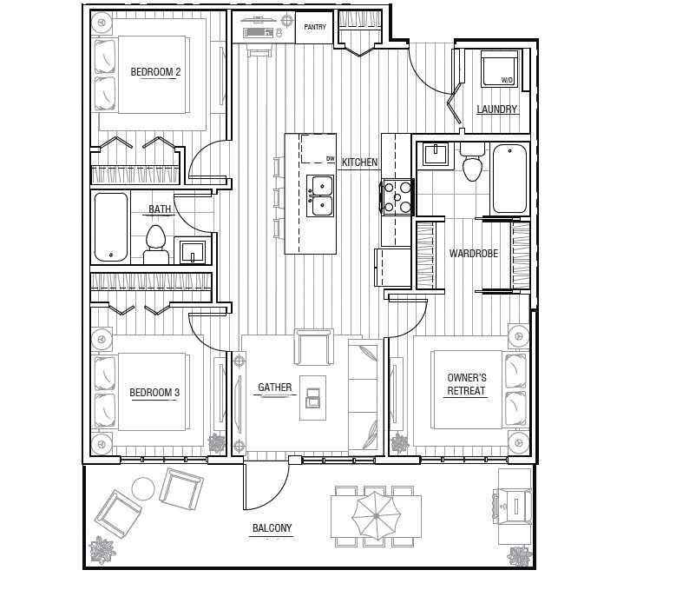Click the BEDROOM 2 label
(155, 71)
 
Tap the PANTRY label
(315, 27)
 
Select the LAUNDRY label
(496, 109)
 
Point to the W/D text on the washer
(507, 80)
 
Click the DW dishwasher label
(331, 159)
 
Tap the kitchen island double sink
(320, 196)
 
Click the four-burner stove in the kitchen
(397, 196)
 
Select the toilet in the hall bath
(156, 244)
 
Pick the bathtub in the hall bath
(111, 228)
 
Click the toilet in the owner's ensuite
(473, 162)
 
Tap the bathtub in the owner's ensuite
(509, 179)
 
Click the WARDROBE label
(473, 254)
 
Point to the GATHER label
(275, 388)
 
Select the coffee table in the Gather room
(313, 398)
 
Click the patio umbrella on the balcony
(377, 516)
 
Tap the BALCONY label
(272, 527)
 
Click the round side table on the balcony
(142, 488)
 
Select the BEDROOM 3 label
(154, 393)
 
